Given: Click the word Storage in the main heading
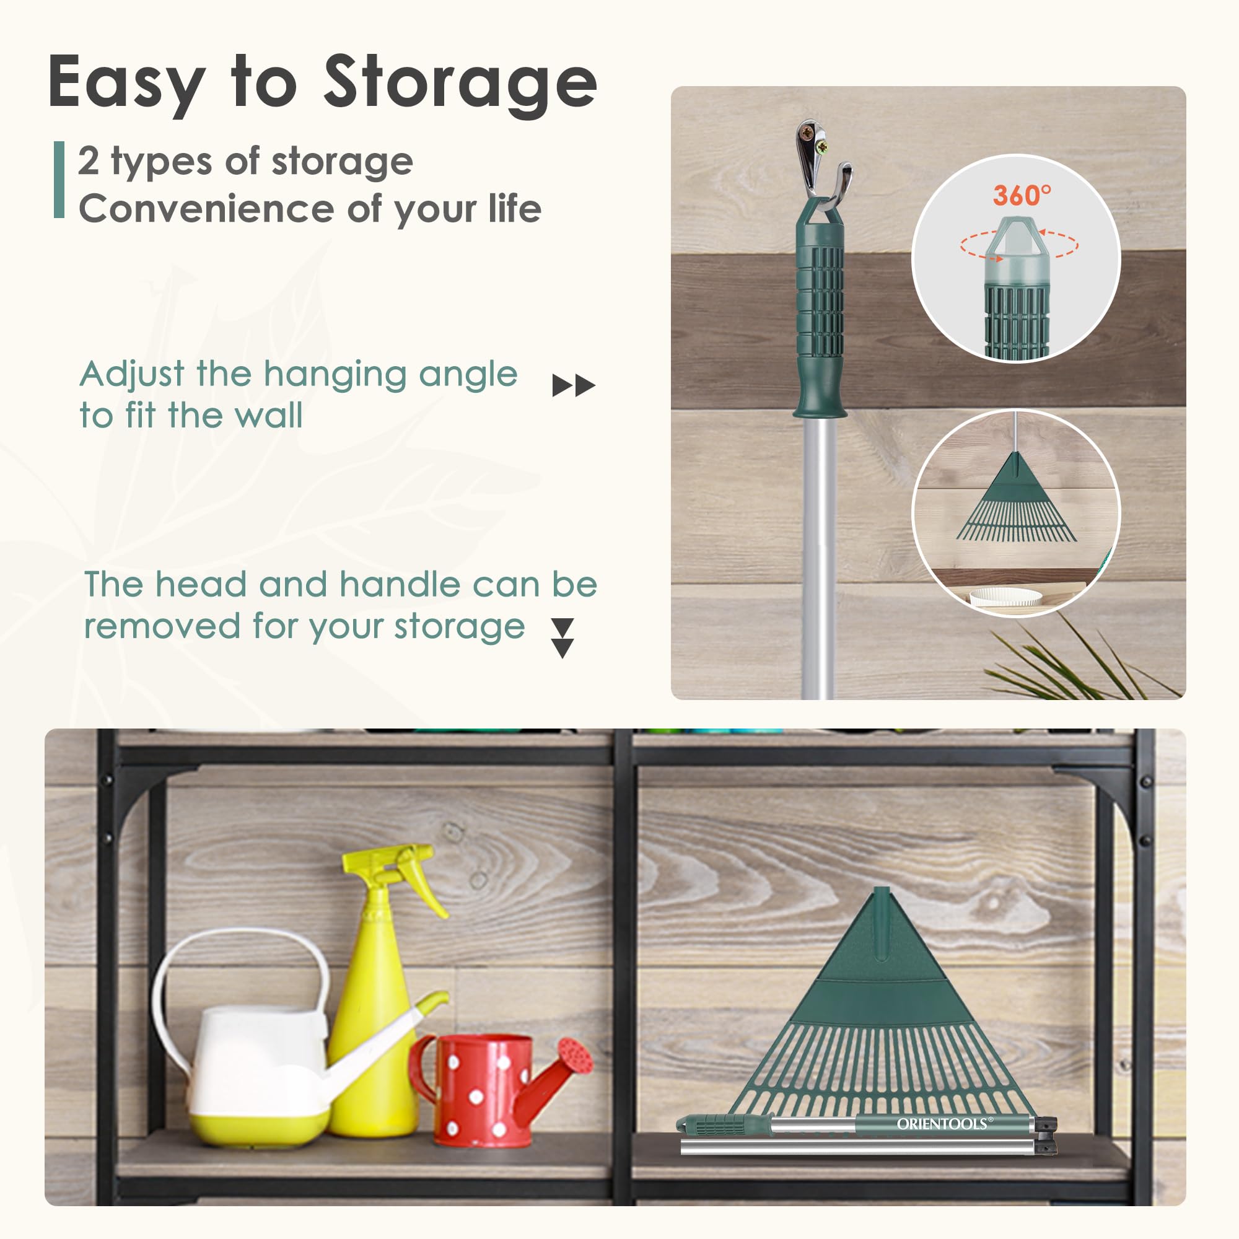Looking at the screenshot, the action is tap(460, 84).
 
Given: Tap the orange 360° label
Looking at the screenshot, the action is tap(1022, 195).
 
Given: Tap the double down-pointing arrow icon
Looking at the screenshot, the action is tap(563, 638).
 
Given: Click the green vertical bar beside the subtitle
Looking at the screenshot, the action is tap(59, 180).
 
